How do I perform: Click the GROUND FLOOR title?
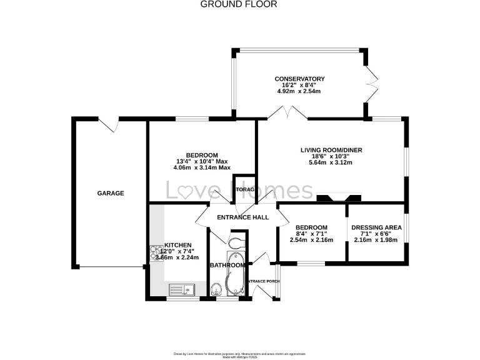tap(238, 4)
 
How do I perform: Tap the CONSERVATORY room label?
tap(299, 79)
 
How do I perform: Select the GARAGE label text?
tap(110, 193)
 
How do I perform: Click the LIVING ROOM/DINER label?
tap(331, 150)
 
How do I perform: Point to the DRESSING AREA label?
tap(375, 227)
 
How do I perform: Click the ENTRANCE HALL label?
tap(242, 217)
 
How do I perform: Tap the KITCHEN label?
tap(177, 245)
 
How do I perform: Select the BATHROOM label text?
tap(227, 265)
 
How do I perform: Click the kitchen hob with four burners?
tap(155, 252)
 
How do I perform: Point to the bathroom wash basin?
tap(216, 289)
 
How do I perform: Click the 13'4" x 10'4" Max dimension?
tap(201, 161)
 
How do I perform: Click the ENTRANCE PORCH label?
tap(263, 281)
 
